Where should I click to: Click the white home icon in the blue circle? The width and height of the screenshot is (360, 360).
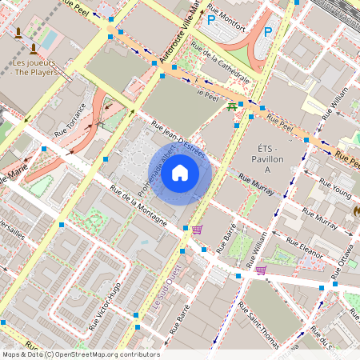tap(180, 172)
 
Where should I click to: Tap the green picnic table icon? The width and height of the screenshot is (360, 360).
tap(232, 106)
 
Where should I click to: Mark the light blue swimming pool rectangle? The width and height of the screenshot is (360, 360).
tap(50, 38)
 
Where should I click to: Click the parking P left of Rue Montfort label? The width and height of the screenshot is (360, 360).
tap(211, 21)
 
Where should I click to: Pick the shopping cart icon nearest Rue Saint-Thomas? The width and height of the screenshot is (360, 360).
tap(261, 270)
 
